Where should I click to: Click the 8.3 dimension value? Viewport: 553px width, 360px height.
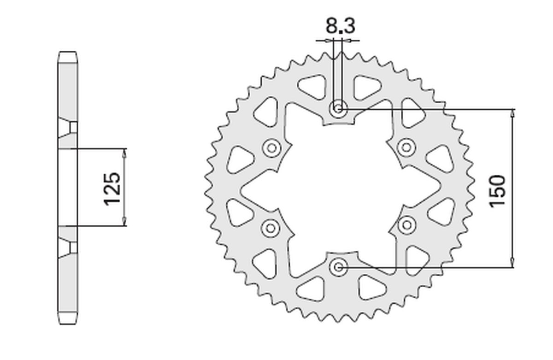point(341,26)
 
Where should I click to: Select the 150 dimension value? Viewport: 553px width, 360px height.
point(498,191)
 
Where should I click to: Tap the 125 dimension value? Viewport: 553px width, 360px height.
point(112,189)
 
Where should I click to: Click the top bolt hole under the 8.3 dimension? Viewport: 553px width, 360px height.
point(339,109)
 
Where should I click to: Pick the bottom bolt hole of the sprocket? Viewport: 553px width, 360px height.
point(339,266)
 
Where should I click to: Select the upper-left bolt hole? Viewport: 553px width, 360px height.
point(271,148)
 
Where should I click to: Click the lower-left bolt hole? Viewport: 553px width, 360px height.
point(270,227)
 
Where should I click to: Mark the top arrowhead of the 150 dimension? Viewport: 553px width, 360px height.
point(513,113)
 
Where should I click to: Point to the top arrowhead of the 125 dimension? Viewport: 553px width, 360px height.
point(124,153)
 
